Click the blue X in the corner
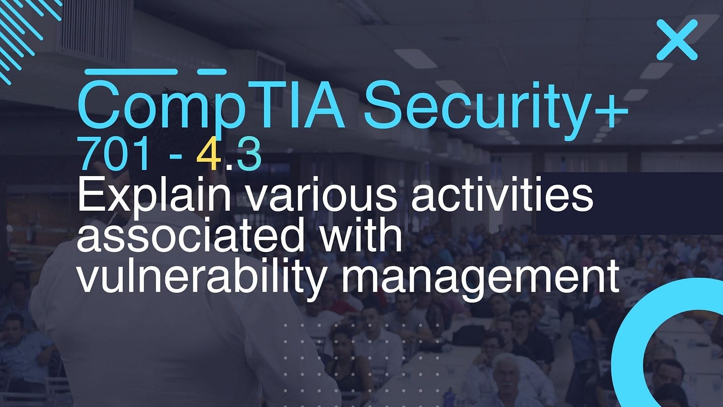click(677, 40)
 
